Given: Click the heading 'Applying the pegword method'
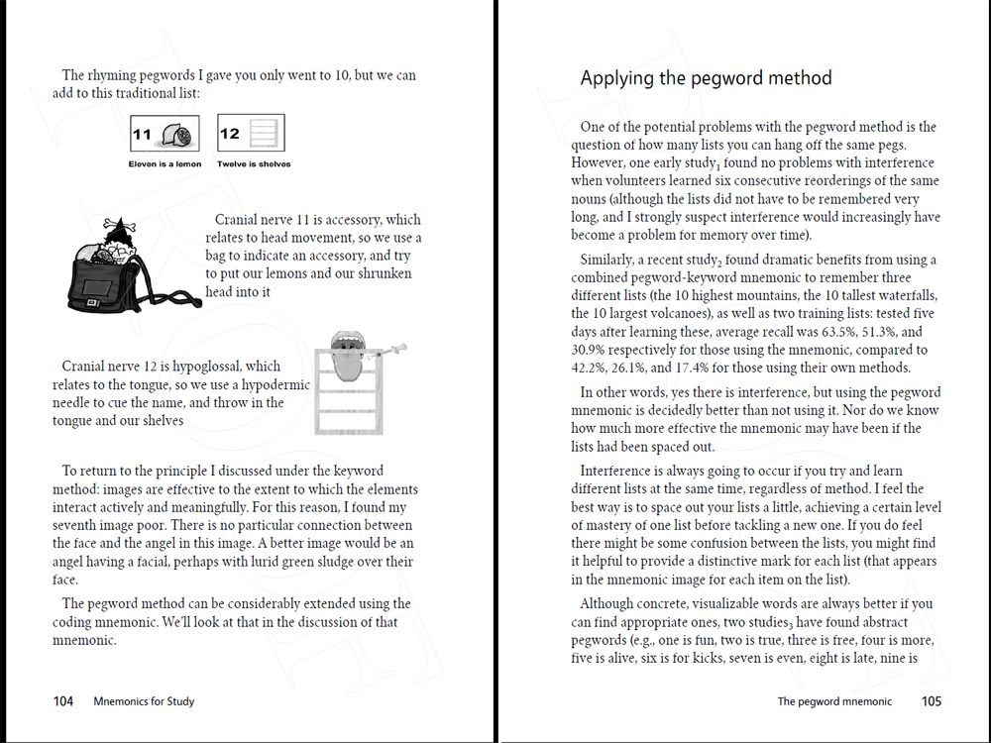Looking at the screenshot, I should tap(706, 78).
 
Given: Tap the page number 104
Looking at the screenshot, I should tap(63, 701).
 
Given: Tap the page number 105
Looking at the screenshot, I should tap(932, 701).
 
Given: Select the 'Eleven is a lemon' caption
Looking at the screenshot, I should tap(165, 164).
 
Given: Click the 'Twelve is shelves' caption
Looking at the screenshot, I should tap(254, 164).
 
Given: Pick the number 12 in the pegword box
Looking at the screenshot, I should tap(230, 134).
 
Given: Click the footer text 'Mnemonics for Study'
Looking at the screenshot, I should tap(144, 701).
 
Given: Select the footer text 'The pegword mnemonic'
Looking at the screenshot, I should tap(834, 701).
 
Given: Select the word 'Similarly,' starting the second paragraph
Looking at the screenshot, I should tap(608, 261).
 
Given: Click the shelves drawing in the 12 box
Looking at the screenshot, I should tap(262, 134).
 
